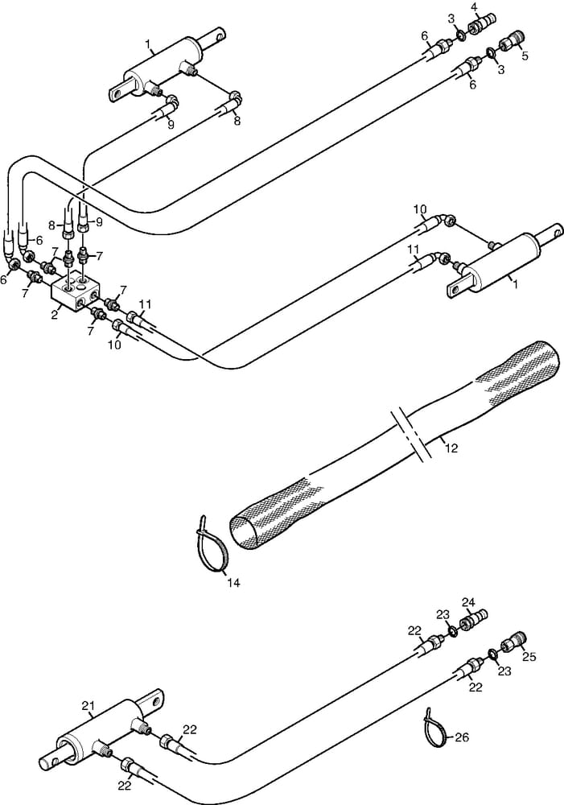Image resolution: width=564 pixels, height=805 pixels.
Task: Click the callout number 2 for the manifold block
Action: click(x=55, y=314)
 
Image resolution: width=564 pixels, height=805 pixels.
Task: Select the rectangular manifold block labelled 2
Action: click(x=76, y=291)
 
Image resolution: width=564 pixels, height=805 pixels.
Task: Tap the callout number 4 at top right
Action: click(x=474, y=7)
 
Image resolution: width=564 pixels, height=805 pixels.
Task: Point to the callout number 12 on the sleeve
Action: click(x=451, y=448)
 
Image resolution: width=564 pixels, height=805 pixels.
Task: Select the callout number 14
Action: click(x=233, y=582)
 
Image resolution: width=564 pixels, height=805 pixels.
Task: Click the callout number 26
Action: click(x=462, y=737)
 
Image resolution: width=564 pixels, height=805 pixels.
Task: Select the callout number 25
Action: click(x=529, y=657)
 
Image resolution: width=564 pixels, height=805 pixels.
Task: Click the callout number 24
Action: click(x=468, y=601)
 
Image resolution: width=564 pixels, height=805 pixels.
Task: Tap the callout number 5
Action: click(x=525, y=56)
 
